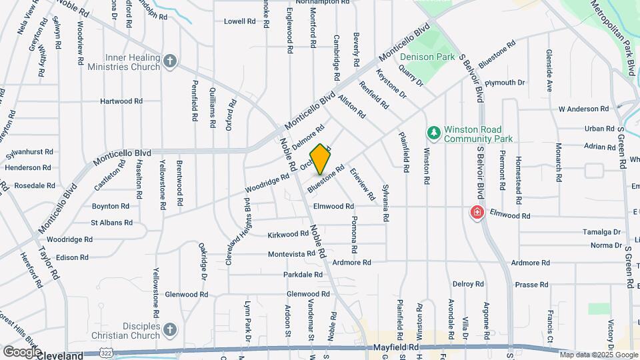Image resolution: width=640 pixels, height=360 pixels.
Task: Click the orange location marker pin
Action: (321, 159)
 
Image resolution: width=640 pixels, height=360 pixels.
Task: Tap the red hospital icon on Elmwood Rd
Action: (477, 213)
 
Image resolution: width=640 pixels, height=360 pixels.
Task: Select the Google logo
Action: (22, 351)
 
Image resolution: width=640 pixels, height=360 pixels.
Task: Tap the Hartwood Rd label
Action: (121, 101)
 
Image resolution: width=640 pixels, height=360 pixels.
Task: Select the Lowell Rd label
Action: (240, 21)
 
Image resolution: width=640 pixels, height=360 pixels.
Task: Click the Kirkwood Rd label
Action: (287, 235)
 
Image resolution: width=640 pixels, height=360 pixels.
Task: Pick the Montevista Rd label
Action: (291, 254)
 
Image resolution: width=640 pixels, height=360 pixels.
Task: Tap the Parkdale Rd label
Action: (303, 275)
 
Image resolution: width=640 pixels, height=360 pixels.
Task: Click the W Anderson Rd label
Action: (583, 109)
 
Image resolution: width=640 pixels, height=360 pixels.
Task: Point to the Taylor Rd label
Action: (49, 261)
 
